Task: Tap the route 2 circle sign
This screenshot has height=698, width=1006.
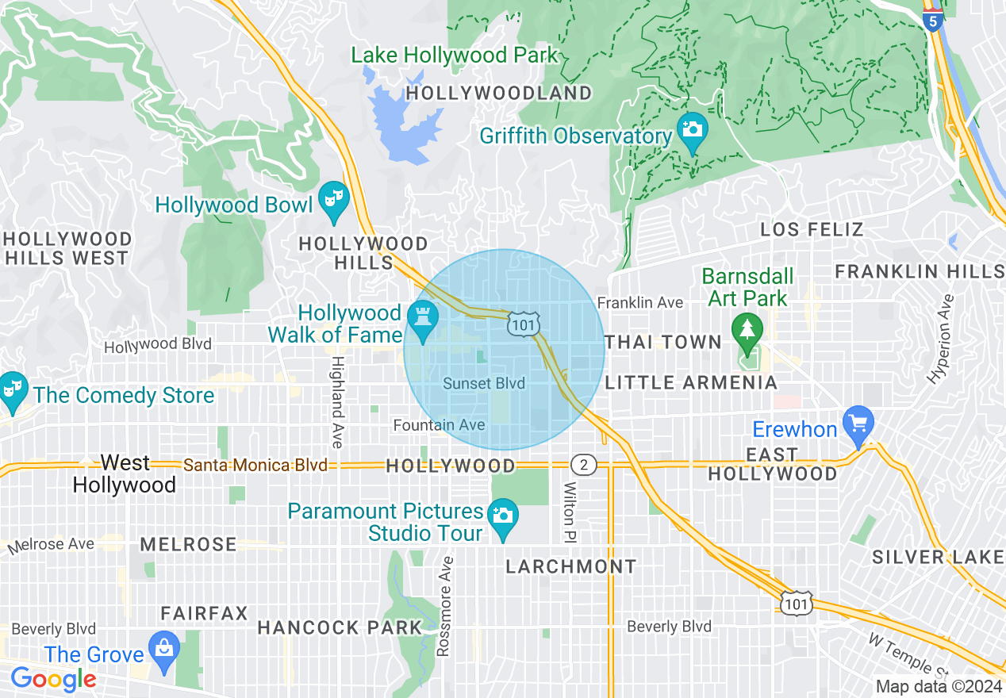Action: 583,465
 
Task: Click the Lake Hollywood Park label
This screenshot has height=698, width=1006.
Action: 455,56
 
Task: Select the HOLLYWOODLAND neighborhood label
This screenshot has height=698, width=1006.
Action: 499,94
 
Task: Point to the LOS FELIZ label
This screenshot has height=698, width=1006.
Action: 812,230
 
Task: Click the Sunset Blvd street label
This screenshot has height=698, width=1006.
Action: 484,384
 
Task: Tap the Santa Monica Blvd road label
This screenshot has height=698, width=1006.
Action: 255,466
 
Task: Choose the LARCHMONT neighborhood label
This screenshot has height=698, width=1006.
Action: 571,566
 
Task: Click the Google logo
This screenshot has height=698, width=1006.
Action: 53,679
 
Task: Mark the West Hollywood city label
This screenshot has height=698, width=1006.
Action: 125,474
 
